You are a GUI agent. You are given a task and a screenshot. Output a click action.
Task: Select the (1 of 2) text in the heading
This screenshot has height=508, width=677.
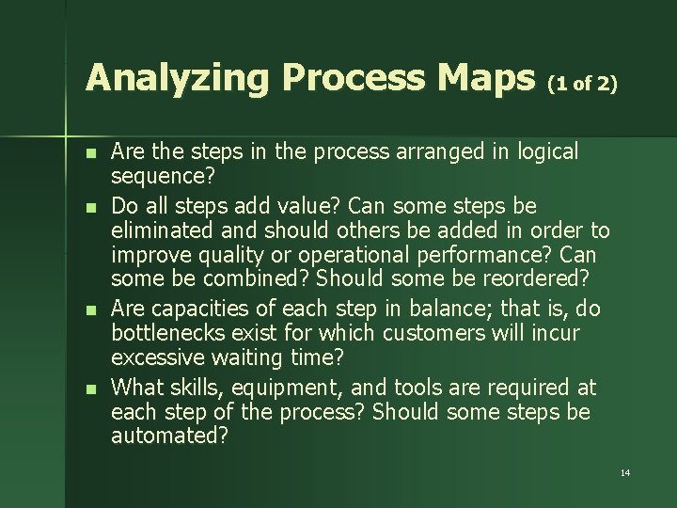(582, 84)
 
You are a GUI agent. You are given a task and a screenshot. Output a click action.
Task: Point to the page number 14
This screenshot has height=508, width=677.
(625, 471)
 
